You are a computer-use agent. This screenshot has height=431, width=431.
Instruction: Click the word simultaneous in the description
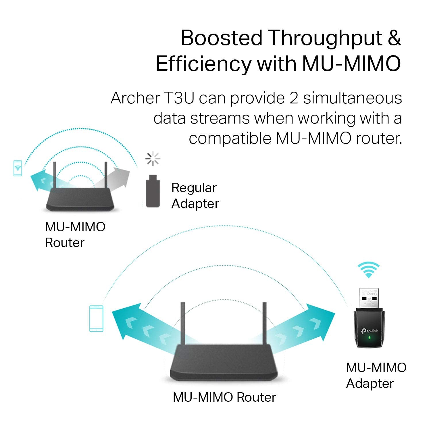point(352,98)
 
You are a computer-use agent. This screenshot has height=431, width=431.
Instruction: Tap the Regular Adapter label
point(195,196)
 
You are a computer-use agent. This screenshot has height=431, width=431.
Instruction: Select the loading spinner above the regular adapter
point(153,159)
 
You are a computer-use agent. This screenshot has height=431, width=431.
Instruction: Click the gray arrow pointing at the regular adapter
point(115,178)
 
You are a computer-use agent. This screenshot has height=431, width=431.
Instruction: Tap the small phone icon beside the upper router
point(18,168)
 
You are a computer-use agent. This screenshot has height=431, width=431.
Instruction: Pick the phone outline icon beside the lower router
point(96,319)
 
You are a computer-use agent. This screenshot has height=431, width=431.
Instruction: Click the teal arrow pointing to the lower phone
point(135,325)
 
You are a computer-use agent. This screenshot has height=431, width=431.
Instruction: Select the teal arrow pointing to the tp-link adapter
point(310,325)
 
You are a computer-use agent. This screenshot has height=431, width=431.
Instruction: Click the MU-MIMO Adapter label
point(376,375)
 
